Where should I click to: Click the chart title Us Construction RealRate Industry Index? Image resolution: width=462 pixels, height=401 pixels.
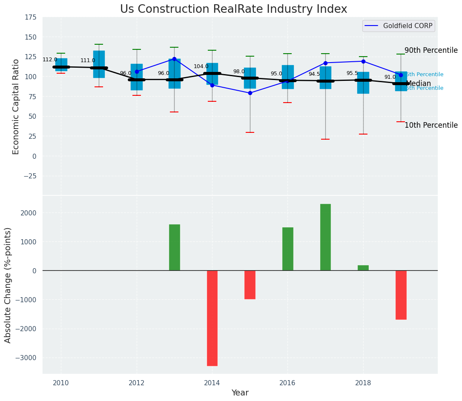(x=233, y=9)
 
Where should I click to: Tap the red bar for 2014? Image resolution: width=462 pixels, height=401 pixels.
(x=212, y=318)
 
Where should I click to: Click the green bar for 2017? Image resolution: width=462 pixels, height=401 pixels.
(x=325, y=237)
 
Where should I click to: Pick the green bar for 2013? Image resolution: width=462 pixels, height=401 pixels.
(x=174, y=247)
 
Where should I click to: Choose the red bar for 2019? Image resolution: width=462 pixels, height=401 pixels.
(x=401, y=295)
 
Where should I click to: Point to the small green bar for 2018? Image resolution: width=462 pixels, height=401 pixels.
(x=363, y=268)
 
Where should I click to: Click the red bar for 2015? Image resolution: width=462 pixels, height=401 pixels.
(x=250, y=284)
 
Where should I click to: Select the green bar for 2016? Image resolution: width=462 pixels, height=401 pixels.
(x=287, y=249)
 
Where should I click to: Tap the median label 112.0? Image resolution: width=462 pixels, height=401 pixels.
(x=50, y=60)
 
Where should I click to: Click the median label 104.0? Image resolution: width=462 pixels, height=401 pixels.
(x=201, y=66)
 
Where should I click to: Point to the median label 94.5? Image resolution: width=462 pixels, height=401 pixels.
(x=314, y=74)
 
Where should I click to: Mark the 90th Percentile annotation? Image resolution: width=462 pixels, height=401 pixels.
(x=431, y=50)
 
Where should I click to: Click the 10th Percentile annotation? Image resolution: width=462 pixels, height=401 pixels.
(x=431, y=125)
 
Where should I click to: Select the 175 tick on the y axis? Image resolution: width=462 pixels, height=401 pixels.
(x=31, y=17)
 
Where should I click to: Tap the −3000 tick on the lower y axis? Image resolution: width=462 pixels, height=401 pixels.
(x=26, y=358)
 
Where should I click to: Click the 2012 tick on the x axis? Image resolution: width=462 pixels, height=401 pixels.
(x=137, y=383)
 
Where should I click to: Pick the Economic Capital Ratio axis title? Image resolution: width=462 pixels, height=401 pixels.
(x=16, y=106)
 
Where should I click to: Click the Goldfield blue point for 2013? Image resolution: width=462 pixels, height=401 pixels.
(x=174, y=59)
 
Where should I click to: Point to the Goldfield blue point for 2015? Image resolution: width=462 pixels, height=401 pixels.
(x=250, y=93)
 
